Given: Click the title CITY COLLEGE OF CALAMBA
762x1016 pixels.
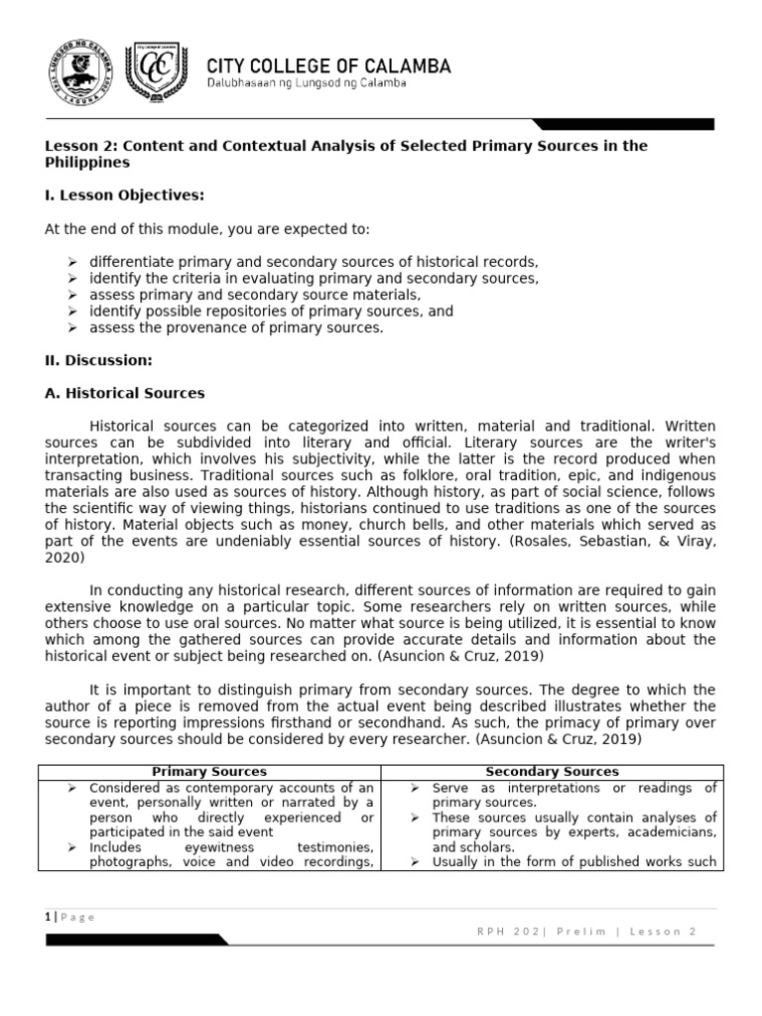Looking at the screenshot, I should point(328,66).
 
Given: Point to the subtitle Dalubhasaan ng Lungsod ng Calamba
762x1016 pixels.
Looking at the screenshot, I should point(306,83).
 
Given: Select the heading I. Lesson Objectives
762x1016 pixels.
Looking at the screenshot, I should point(124,195).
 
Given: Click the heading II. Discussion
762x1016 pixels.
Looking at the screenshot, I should point(98,360).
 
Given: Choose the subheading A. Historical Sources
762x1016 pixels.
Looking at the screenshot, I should point(125,393).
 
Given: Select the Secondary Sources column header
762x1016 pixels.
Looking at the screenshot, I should point(552,771).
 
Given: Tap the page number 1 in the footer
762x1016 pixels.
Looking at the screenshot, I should point(48,917).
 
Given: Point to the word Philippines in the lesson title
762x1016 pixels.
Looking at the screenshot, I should point(87,162).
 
